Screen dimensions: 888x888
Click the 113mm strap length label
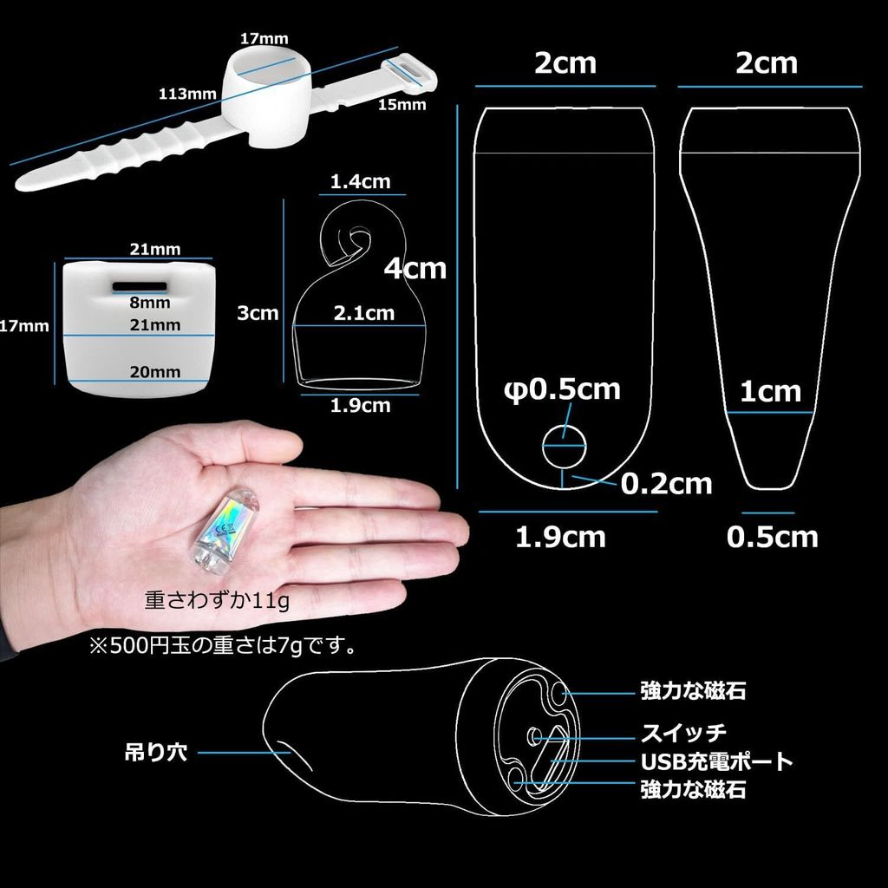click(187, 94)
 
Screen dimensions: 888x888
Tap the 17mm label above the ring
click(264, 38)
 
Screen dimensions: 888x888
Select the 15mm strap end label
click(402, 105)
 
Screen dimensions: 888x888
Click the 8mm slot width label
click(149, 303)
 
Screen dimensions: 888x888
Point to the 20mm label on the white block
click(155, 372)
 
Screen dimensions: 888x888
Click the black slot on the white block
click(140, 286)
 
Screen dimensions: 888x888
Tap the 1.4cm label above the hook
click(360, 182)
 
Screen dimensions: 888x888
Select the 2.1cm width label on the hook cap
click(363, 313)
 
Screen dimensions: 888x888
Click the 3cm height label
click(258, 313)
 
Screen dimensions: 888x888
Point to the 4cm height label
click(415, 268)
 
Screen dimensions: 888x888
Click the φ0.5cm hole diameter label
click(562, 389)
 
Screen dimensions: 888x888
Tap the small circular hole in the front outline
click(564, 447)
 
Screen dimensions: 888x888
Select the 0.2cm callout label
click(666, 484)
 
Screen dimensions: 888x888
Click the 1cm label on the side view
click(771, 392)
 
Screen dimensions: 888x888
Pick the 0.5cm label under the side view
click(773, 537)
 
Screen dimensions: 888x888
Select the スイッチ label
click(683, 733)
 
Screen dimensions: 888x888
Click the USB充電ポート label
click(716, 761)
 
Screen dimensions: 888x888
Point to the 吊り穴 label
click(156, 752)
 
